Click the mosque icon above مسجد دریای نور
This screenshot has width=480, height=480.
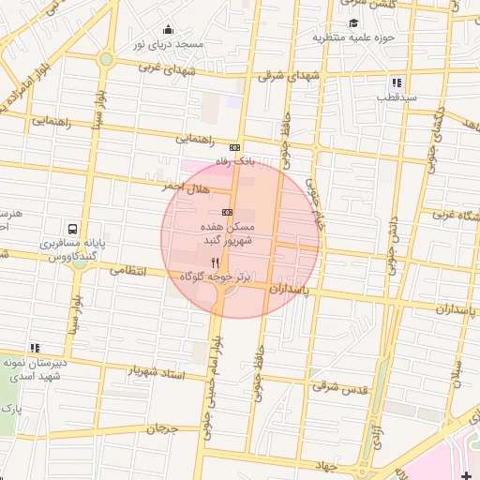click(x=168, y=29)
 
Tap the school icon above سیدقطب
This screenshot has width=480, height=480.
click(x=397, y=82)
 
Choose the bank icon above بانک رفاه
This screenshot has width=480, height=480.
click(x=233, y=147)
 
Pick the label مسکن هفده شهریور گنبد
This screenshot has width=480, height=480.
click(x=224, y=233)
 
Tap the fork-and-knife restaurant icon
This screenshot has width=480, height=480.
click(x=216, y=263)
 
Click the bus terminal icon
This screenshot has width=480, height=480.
click(x=72, y=229)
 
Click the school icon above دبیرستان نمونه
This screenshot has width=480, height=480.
click(x=36, y=348)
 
